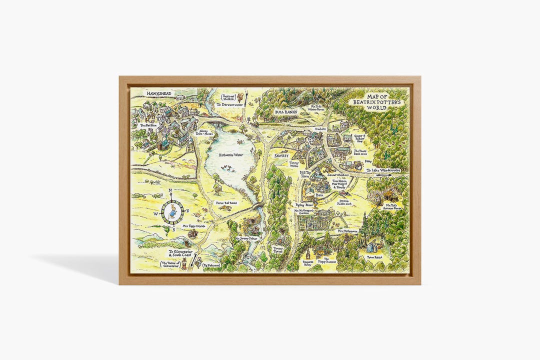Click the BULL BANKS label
point(285,112)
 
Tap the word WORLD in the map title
point(385,107)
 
